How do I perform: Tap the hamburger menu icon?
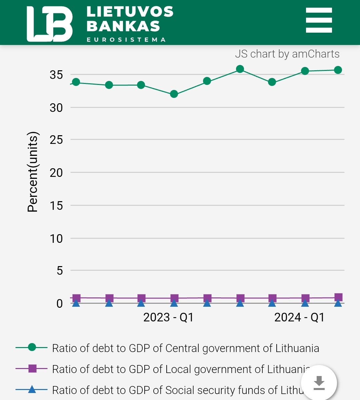[x=319, y=20]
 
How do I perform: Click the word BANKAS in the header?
[x=123, y=26]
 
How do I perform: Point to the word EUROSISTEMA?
[x=126, y=40]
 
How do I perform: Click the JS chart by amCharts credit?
[x=287, y=54]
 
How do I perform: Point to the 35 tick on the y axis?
[x=56, y=75]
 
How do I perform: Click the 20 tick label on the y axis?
[x=56, y=173]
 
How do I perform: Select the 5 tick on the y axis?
[x=59, y=270]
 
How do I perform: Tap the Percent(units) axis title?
[x=33, y=172]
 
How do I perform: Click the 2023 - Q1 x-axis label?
[x=168, y=317]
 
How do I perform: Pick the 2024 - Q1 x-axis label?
[x=299, y=317]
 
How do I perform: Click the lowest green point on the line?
[x=174, y=94]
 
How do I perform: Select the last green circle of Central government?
[x=338, y=70]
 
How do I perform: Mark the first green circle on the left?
[x=76, y=82]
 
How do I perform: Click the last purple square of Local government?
[x=338, y=297]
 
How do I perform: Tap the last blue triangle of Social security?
[x=338, y=303]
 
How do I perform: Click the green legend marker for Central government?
[x=32, y=347]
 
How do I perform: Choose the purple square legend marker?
[x=32, y=368]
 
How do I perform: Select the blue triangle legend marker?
[x=32, y=389]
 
